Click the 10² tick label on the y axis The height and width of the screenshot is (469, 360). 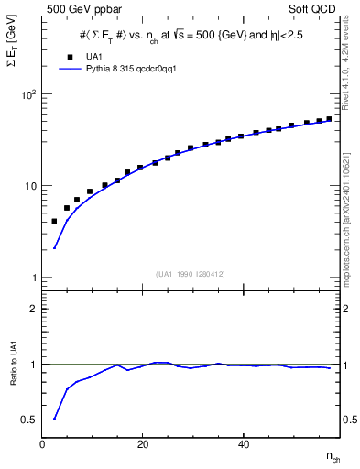(27, 94)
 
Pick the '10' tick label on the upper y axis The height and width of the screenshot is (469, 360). (30, 186)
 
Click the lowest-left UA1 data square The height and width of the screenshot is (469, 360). (54, 222)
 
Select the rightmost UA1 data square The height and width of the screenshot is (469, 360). (329, 118)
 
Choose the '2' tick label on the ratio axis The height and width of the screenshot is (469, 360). (35, 310)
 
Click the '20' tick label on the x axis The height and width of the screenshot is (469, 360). (141, 444)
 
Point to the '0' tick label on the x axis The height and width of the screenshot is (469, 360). (42, 444)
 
